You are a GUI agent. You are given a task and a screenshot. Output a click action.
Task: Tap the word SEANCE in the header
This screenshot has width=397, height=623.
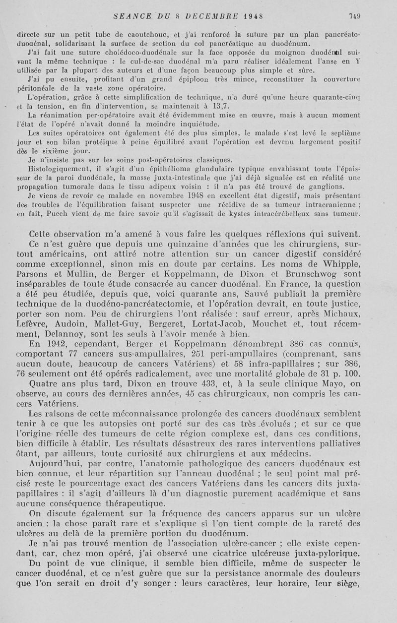click(131, 15)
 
